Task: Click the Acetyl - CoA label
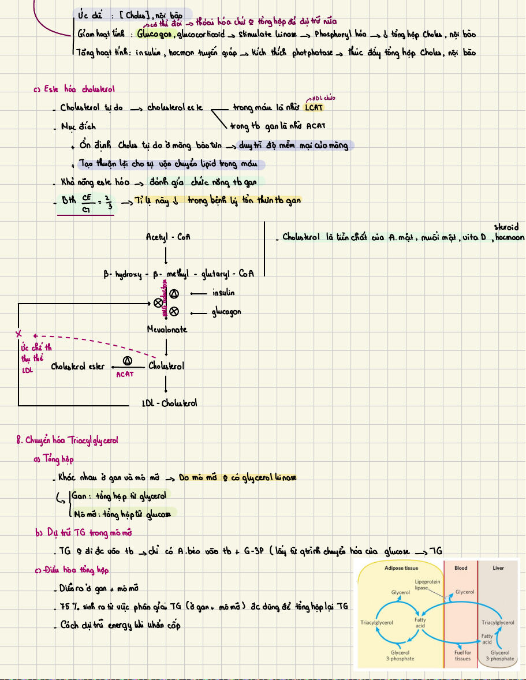pyautogui.click(x=168, y=237)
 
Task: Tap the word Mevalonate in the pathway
pyautogui.click(x=167, y=329)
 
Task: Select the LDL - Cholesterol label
pyautogui.click(x=169, y=402)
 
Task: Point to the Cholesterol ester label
pyautogui.click(x=78, y=366)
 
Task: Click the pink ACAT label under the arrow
pyautogui.click(x=125, y=374)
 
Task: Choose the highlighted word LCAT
pyautogui.click(x=315, y=107)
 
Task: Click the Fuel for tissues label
pyautogui.click(x=462, y=655)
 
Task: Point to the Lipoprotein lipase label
pyautogui.click(x=427, y=585)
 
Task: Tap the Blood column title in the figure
pyautogui.click(x=461, y=568)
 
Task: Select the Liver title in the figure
pyautogui.click(x=498, y=568)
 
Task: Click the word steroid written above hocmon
pyautogui.click(x=506, y=227)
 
